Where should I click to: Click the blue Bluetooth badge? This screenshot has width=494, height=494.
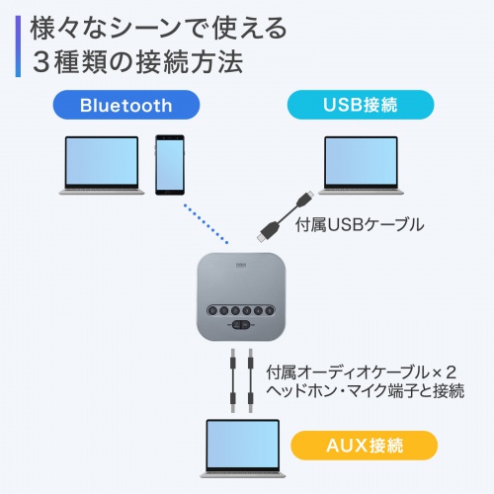[x=125, y=104]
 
